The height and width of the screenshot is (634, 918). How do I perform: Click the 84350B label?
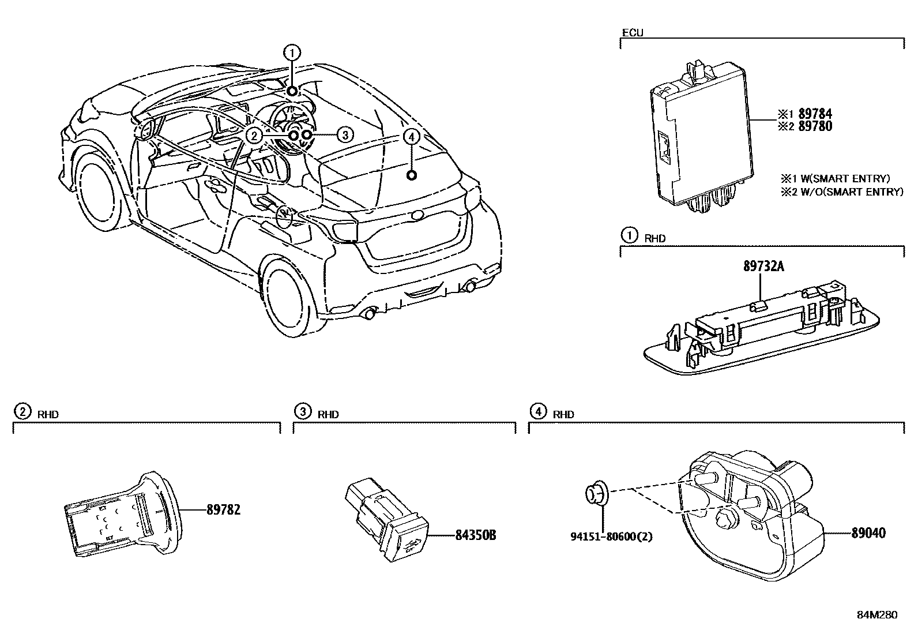coord(475,535)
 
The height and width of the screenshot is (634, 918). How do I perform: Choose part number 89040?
coord(868,532)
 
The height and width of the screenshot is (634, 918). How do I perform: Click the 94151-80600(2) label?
coord(612,537)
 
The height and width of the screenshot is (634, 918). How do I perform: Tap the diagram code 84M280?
coord(877,615)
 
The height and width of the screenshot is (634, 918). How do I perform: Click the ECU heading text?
coord(632,33)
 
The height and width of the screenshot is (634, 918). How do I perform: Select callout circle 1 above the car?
coord(292,53)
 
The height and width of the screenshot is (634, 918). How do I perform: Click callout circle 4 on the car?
coord(411,137)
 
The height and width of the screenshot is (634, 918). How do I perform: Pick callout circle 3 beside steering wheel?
coord(344,135)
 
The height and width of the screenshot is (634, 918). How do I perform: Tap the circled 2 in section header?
coord(22,412)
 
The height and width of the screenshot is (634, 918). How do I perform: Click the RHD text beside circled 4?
coord(563,414)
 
